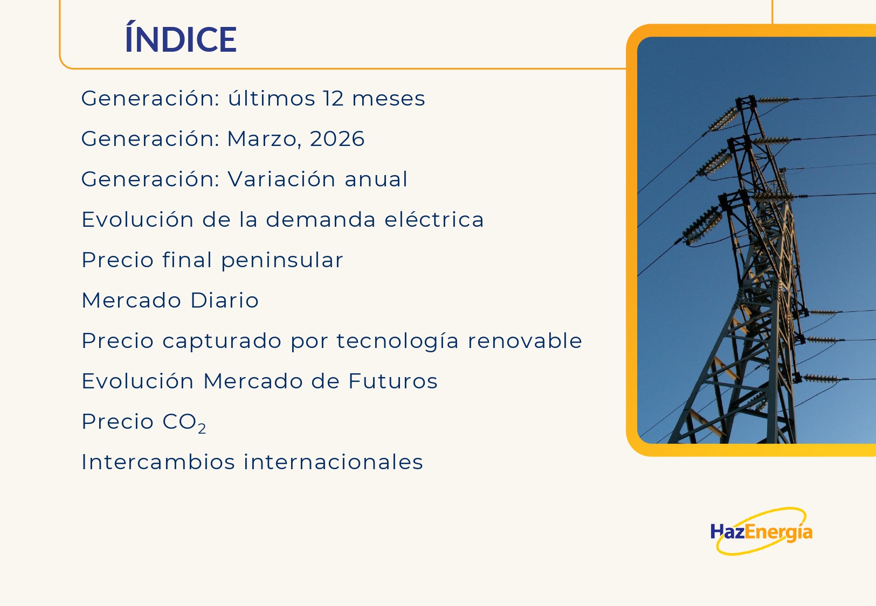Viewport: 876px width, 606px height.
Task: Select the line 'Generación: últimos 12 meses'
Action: point(253,97)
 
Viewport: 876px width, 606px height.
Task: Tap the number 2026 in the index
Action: point(337,138)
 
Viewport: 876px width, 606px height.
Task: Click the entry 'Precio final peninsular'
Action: point(212,260)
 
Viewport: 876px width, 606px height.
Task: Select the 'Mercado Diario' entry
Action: point(170,300)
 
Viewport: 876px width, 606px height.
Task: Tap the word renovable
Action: point(525,340)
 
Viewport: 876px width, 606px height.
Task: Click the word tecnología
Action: point(398,341)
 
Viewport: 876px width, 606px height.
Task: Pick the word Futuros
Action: point(392,381)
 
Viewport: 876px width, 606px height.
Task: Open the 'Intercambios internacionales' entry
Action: point(252,462)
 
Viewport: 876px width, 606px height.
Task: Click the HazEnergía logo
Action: point(761,531)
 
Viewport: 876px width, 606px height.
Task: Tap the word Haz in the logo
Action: point(727,531)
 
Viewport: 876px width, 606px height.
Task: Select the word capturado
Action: point(222,341)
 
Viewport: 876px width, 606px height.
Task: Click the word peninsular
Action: point(282,260)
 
